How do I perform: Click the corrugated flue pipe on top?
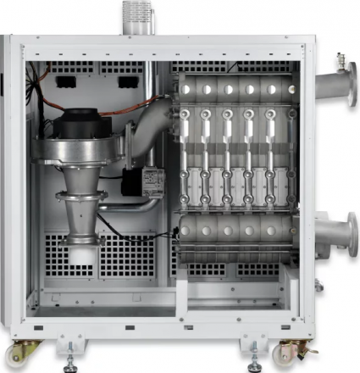click(x=135, y=14)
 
